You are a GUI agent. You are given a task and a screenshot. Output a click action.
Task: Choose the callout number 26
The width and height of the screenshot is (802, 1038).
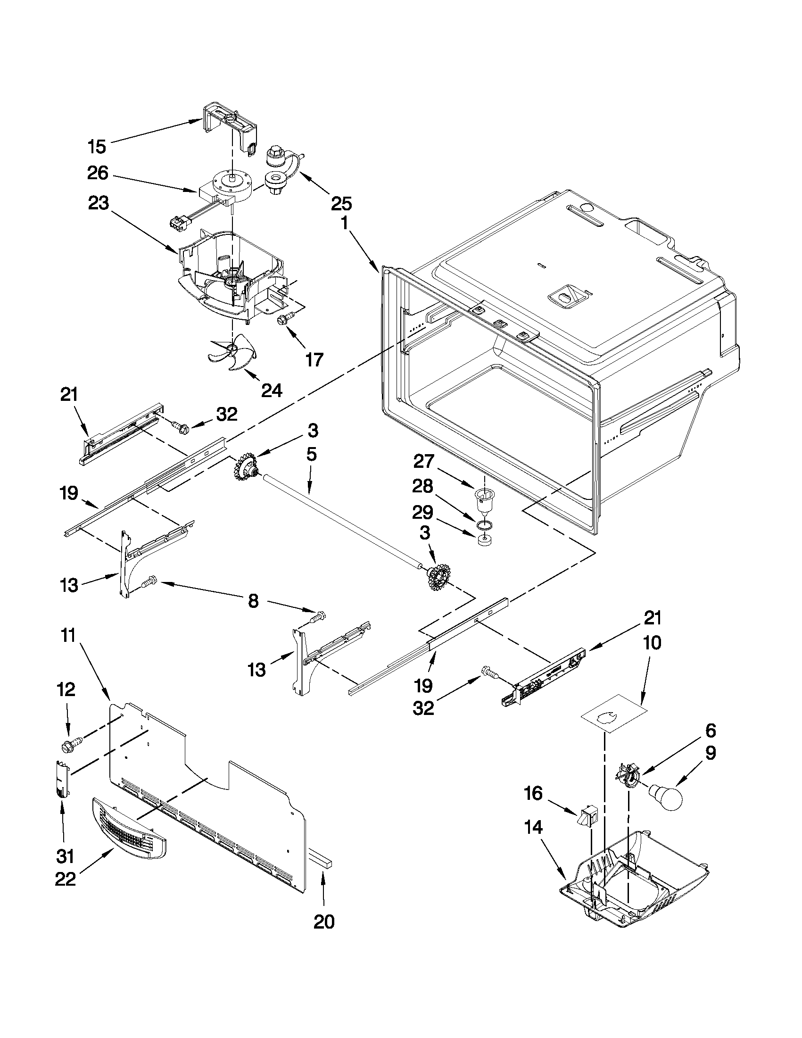98,173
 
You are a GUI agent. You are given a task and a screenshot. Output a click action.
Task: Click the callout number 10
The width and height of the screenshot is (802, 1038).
652,644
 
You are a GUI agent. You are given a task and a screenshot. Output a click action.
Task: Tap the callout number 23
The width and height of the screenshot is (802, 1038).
98,204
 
